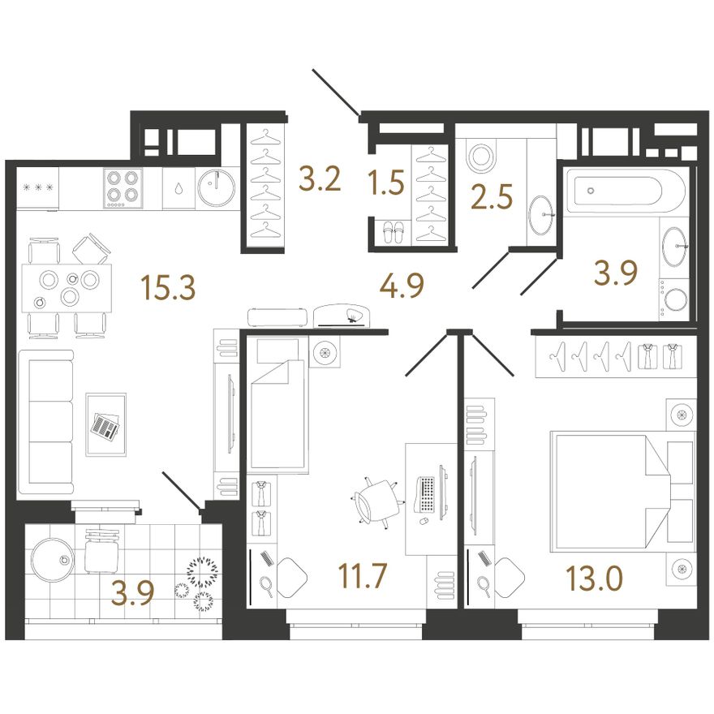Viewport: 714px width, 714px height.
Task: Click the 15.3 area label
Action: click(168, 288)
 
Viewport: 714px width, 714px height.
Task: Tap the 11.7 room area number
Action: click(362, 575)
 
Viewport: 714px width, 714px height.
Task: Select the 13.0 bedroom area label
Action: click(594, 579)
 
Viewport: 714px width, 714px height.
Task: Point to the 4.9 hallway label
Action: click(402, 286)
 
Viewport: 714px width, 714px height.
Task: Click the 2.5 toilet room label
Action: click(492, 196)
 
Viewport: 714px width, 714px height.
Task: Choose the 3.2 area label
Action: click(320, 179)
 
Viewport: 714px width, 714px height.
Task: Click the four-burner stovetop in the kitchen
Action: click(123, 187)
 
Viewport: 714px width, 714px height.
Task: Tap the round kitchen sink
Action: click(217, 187)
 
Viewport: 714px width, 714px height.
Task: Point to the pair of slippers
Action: click(392, 231)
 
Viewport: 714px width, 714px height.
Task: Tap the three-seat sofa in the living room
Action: click(45, 422)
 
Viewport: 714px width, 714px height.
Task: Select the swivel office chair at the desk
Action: click(376, 502)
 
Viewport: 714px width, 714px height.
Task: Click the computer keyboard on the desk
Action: click(425, 494)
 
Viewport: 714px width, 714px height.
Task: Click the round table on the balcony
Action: click(53, 560)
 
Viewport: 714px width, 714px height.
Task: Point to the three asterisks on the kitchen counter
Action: click(39, 187)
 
